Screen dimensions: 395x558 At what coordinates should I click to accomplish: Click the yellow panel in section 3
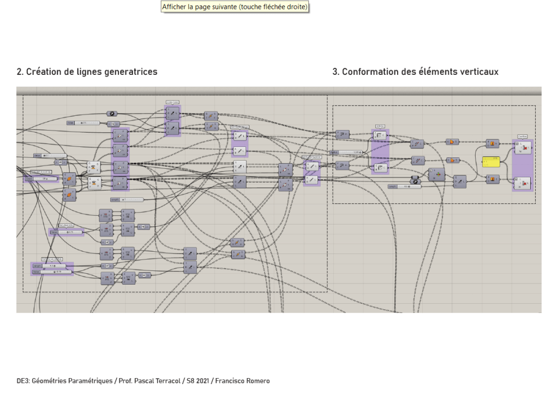pyautogui.click(x=491, y=161)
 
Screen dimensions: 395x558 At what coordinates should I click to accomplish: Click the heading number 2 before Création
pyautogui.click(x=19, y=72)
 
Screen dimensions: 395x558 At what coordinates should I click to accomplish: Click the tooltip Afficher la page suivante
pyautogui.click(x=235, y=7)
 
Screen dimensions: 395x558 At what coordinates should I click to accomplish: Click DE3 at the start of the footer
pyautogui.click(x=23, y=381)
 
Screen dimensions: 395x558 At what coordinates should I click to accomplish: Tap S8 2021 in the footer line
pyautogui.click(x=196, y=381)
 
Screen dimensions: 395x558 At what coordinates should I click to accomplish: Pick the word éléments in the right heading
pyautogui.click(x=436, y=72)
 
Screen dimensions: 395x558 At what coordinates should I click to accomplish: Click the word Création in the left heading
pyautogui.click(x=43, y=72)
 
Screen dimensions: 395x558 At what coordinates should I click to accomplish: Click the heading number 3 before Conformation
pyautogui.click(x=335, y=72)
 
